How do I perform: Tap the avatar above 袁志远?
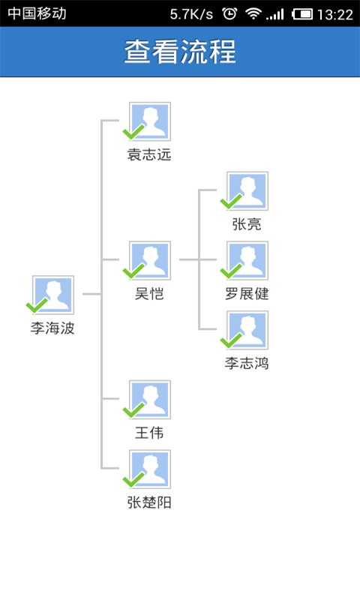click(x=150, y=121)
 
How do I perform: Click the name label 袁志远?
click(x=149, y=155)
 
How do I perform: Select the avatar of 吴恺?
click(x=150, y=260)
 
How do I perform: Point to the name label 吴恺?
click(x=149, y=294)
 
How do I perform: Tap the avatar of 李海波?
click(x=53, y=295)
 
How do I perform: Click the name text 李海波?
click(x=52, y=328)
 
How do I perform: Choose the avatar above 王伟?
click(x=150, y=400)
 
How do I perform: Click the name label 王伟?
click(x=149, y=433)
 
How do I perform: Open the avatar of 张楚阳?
click(x=150, y=469)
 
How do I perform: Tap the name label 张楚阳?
click(x=149, y=503)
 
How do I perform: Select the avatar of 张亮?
click(x=247, y=190)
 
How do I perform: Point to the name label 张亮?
click(x=247, y=224)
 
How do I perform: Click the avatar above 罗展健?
click(x=247, y=260)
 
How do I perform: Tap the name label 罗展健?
click(x=247, y=294)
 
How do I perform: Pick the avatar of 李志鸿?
click(x=247, y=330)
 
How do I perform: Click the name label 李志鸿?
click(x=247, y=364)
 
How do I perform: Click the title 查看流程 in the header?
click(x=180, y=52)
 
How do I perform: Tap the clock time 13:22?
click(x=335, y=14)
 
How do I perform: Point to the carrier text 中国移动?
click(x=37, y=14)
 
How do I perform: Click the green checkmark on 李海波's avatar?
click(x=37, y=306)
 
